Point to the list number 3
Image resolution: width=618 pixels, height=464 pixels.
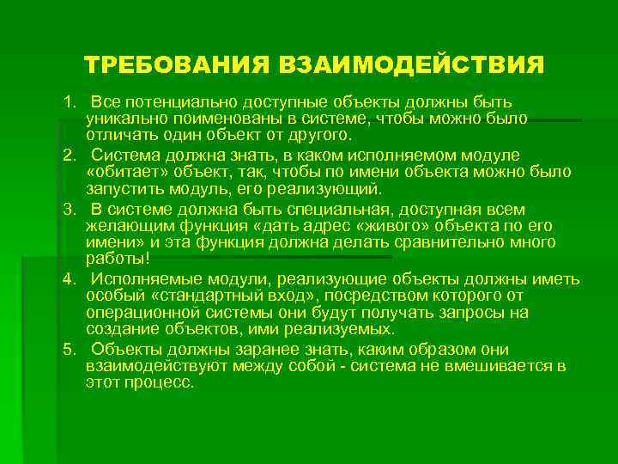tap(67, 210)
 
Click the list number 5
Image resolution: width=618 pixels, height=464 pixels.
tap(67, 350)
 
